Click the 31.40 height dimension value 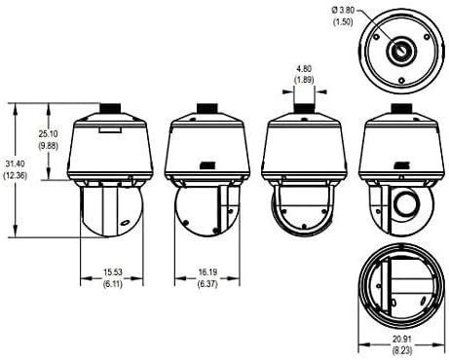tap(15, 164)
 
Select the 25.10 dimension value tap(49, 133)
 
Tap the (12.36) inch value tap(15, 176)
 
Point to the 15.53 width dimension tap(113, 272)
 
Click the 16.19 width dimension tap(207, 272)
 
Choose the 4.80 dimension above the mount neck tap(304, 69)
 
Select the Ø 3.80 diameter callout tap(343, 11)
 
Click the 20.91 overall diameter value tap(402, 340)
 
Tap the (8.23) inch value tap(402, 350)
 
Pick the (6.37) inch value tap(207, 284)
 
